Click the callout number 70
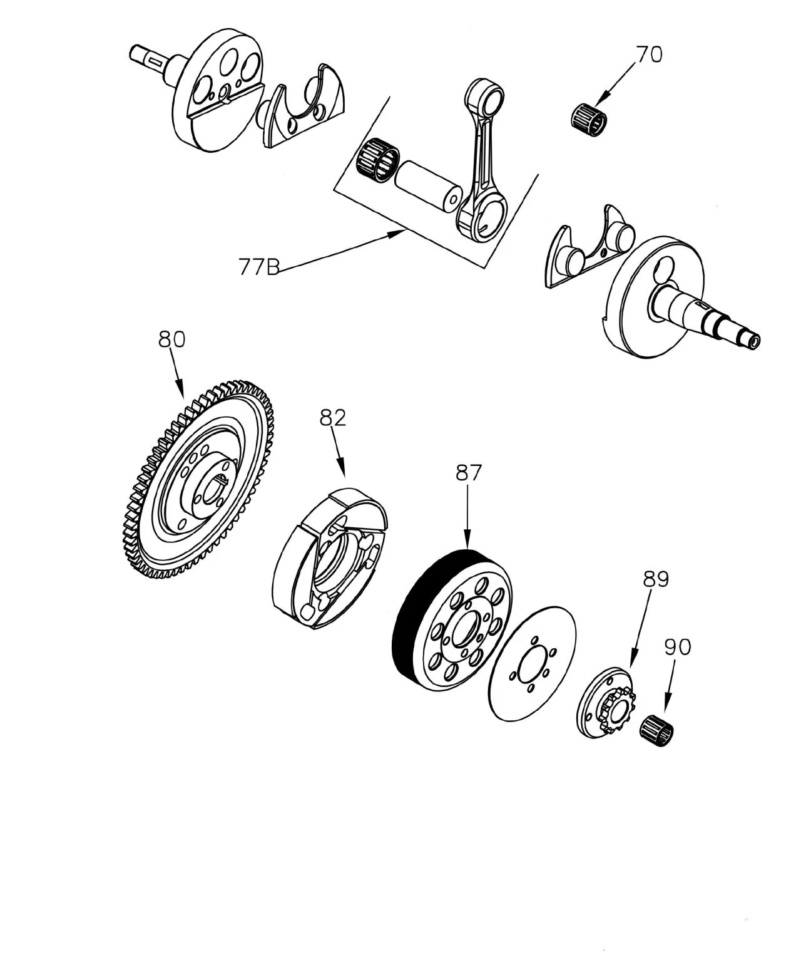point(649,54)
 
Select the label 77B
point(258,267)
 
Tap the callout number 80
point(171,339)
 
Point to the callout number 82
point(333,417)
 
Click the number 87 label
point(469,473)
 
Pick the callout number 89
point(656,579)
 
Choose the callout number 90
point(677,646)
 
